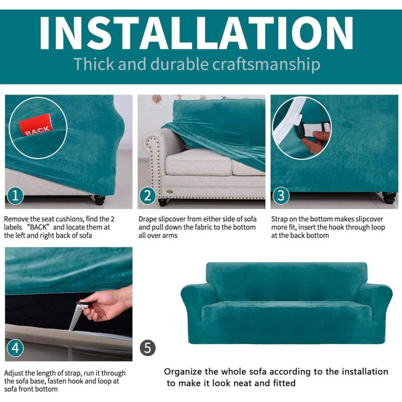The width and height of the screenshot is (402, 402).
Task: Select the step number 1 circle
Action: (x=16, y=195)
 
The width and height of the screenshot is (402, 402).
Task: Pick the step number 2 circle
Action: (x=148, y=195)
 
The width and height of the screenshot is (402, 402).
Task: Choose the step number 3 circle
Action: (x=281, y=195)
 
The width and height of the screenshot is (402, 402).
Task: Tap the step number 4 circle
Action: (x=16, y=348)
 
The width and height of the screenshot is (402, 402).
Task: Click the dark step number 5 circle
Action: (x=148, y=348)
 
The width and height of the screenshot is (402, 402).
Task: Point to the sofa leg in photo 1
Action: (x=99, y=199)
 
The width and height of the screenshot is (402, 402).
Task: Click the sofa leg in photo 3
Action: (x=388, y=197)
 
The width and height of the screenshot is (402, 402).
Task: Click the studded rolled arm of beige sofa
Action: (x=153, y=151)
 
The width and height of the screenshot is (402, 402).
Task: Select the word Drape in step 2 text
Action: (x=148, y=219)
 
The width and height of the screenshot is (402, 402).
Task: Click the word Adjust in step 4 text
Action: (x=15, y=373)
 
